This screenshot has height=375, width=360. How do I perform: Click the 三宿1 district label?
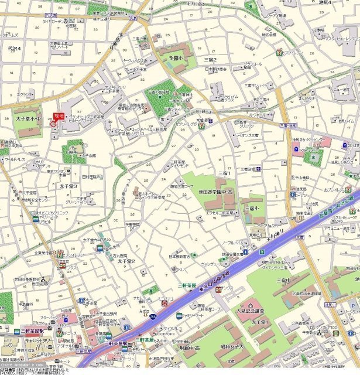point(224,173)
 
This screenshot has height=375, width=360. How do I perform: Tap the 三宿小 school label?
point(253,208)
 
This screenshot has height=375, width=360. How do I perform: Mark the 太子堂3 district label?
point(68,186)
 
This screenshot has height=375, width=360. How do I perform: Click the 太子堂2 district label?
point(126,261)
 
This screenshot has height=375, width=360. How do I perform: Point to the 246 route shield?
point(152,333)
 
